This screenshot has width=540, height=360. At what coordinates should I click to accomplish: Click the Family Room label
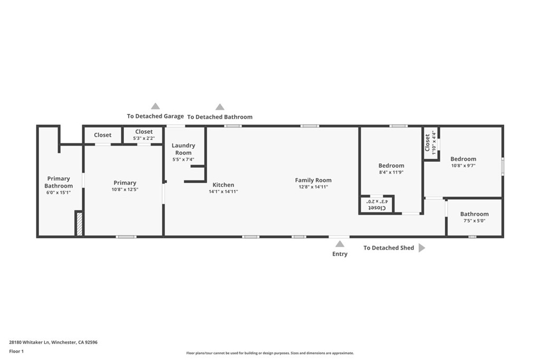pos(313,180)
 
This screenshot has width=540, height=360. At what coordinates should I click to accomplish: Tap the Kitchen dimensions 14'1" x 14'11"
pos(223,192)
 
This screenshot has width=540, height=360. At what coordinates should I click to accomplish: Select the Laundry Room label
pos(184,149)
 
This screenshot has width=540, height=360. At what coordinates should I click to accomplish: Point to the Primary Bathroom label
pos(59,182)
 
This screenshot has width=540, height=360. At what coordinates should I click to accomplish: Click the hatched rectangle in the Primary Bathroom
pos(79,223)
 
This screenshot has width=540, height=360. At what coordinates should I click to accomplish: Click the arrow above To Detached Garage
pos(155,106)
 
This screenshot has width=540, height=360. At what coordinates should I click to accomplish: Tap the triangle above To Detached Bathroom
pos(220,107)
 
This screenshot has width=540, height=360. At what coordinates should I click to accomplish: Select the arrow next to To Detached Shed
pos(421,248)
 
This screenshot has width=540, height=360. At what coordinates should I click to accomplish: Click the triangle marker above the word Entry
pos(340,244)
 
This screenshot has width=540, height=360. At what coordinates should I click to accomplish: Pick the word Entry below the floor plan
pos(340,254)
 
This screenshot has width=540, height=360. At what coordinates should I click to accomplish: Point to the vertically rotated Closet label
pos(428,143)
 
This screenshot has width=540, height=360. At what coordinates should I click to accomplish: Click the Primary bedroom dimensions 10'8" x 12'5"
pos(124,190)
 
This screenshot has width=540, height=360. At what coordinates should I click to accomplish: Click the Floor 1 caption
pos(16,351)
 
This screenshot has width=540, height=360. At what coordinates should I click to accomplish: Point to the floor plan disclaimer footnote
pos(270,353)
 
